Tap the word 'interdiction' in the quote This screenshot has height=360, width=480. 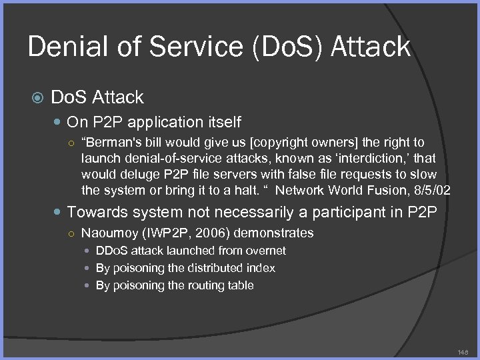(370, 159)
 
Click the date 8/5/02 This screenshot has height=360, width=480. (429, 191)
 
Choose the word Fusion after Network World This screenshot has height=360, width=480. (380, 191)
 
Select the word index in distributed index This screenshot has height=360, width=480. (262, 268)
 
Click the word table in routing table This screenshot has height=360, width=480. (240, 285)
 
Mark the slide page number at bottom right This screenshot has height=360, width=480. (463, 351)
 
